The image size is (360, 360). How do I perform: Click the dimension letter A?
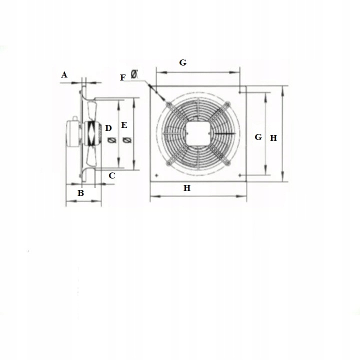pyautogui.click(x=64, y=75)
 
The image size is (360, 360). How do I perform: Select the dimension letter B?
pyautogui.click(x=80, y=192)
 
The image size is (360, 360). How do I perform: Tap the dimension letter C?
pyautogui.click(x=112, y=175)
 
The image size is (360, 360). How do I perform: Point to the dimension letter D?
pyautogui.click(x=108, y=128)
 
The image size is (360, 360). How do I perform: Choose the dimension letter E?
pyautogui.click(x=124, y=125)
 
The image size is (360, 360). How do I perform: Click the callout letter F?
pyautogui.click(x=123, y=77)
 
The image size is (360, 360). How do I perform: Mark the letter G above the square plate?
pyautogui.click(x=183, y=62)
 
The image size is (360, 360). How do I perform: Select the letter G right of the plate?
pyautogui.click(x=258, y=137)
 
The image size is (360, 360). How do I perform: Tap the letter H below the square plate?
pyautogui.click(x=187, y=188)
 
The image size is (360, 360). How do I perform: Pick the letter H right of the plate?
pyautogui.click(x=273, y=138)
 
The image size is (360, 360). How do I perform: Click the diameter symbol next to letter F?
pyautogui.click(x=134, y=74)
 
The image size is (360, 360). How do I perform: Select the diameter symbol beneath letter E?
pyautogui.click(x=125, y=141)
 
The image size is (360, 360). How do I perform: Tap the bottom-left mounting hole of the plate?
pyautogui.click(x=157, y=175)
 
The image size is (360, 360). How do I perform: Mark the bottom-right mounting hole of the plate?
pyautogui.click(x=240, y=175)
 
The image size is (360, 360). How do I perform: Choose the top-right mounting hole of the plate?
pyautogui.click(x=240, y=92)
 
